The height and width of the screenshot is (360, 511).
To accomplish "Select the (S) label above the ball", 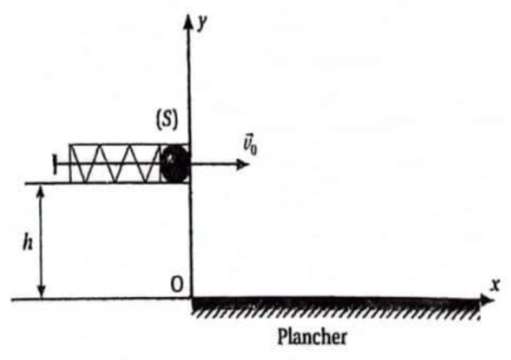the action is (x=167, y=121).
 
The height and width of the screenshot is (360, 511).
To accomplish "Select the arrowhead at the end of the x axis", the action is (x=487, y=299).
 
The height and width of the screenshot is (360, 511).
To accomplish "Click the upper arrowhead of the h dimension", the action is (x=40, y=191).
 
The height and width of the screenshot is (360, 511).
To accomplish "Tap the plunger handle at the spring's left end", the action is (x=54, y=164).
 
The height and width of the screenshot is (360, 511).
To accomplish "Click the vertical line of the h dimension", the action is (x=41, y=241).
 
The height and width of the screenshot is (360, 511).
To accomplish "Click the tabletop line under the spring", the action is (x=107, y=184).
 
